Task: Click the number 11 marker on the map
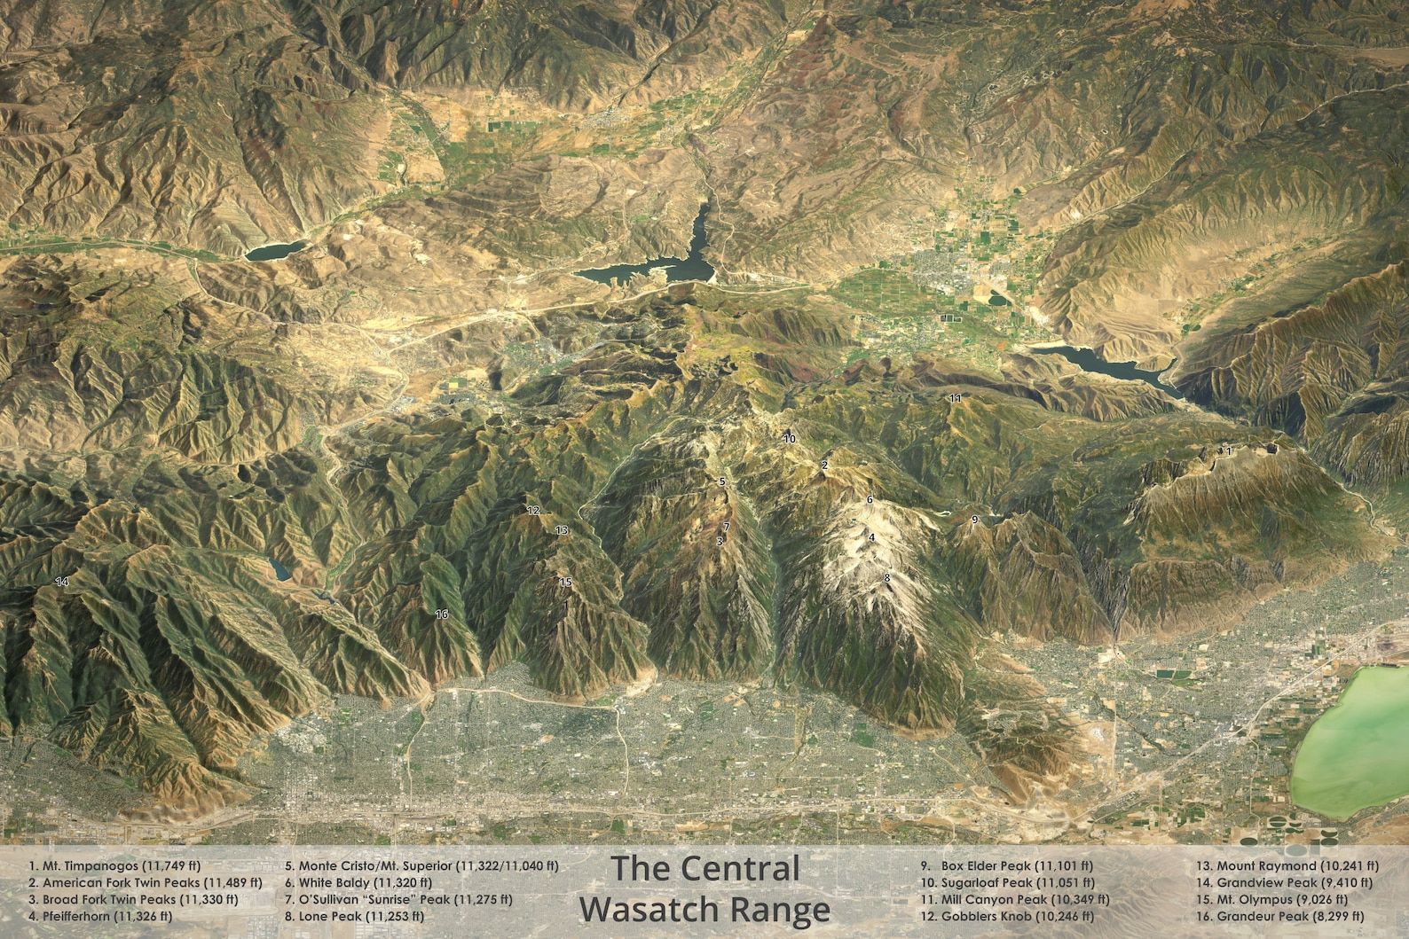click(x=955, y=399)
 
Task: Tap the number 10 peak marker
click(x=790, y=439)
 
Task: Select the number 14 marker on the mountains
click(x=61, y=583)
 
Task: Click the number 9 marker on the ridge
click(x=974, y=520)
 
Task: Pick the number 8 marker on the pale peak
click(x=886, y=578)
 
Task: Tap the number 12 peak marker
click(x=533, y=511)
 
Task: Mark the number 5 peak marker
click(x=722, y=481)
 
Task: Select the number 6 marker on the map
click(x=870, y=500)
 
